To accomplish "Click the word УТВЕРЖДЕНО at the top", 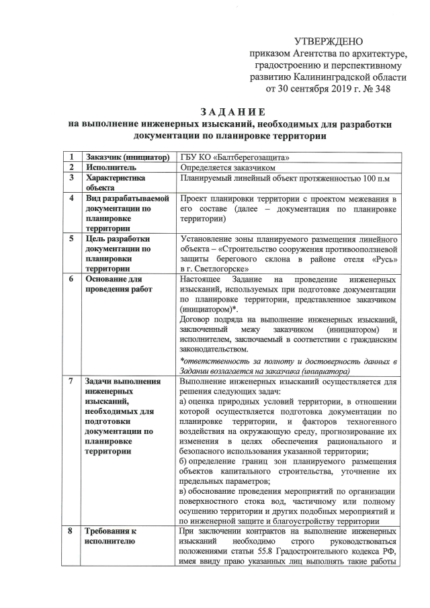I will [334, 42].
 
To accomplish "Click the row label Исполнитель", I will [111, 168].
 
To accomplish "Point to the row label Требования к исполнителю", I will [110, 537].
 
